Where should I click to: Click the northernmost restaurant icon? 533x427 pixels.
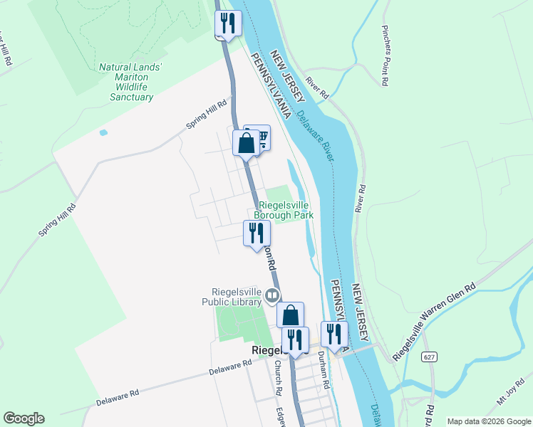(x=228, y=23)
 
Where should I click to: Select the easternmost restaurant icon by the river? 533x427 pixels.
(x=333, y=334)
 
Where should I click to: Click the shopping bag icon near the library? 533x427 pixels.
(x=290, y=315)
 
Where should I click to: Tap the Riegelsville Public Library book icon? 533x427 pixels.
(x=271, y=295)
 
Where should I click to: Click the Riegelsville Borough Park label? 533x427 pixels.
(x=286, y=209)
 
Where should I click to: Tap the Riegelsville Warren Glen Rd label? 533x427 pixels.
(x=434, y=320)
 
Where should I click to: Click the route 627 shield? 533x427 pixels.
(x=428, y=357)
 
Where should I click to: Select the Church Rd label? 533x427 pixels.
(x=276, y=380)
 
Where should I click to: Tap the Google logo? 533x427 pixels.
(x=24, y=418)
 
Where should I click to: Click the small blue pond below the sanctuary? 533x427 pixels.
(x=104, y=132)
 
